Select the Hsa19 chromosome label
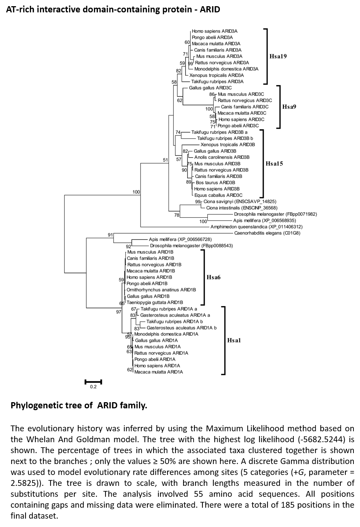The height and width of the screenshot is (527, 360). tap(278, 56)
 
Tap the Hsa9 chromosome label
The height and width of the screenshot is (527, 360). tap(289, 107)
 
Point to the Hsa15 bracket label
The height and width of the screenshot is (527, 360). tap(274, 163)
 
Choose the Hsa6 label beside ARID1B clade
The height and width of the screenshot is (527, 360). tap(213, 277)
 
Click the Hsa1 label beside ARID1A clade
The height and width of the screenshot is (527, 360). tap(234, 340)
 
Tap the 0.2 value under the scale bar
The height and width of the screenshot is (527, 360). tap(93, 387)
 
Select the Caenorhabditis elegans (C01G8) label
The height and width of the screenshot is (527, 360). tap(267, 233)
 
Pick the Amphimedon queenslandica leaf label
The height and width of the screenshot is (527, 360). tap(257, 227)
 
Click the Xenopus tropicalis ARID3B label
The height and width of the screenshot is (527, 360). tap(228, 145)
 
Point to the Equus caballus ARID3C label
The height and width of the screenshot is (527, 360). tap(218, 195)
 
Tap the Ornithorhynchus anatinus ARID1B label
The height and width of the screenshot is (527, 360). tap(161, 290)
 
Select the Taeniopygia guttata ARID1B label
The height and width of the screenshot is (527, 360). tap(155, 302)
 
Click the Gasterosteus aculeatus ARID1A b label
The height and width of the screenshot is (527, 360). tap(182, 328)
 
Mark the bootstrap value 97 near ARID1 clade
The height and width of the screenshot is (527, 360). tap(119, 312)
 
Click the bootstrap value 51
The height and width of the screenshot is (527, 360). tap(165, 160)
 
